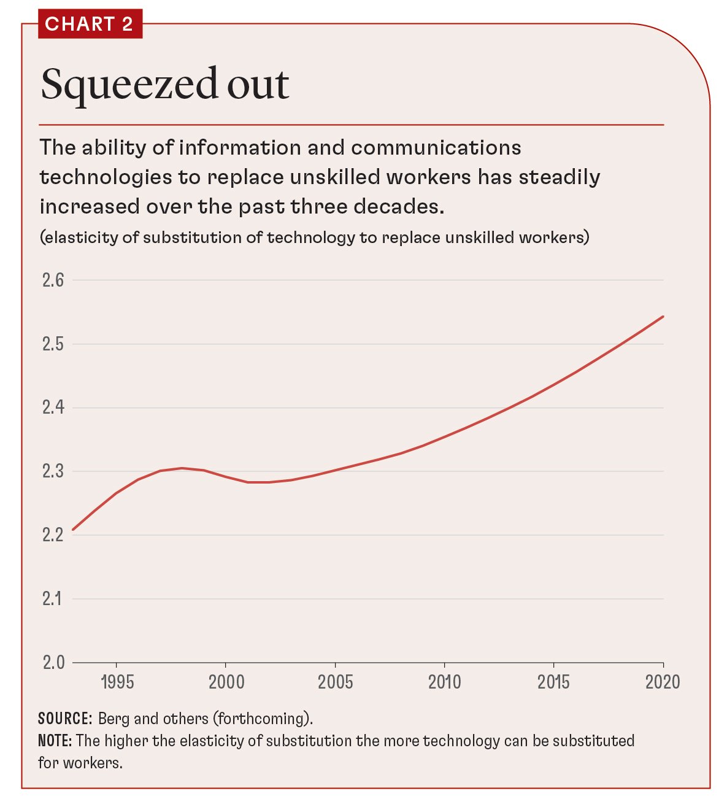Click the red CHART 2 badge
tap(90, 24)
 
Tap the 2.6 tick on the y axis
tap(53, 280)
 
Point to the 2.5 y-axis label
tap(53, 344)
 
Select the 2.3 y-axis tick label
tap(53, 471)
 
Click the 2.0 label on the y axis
tap(53, 662)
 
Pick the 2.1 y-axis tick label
tap(53, 598)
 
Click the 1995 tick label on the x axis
tap(117, 682)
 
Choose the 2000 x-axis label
tap(226, 682)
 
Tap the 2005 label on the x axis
tap(335, 682)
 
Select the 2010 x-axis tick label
tap(444, 682)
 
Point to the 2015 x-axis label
tap(553, 682)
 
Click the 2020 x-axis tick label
tap(663, 682)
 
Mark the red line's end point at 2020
tap(663, 317)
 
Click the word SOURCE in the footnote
tap(64, 719)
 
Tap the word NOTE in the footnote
tap(55, 741)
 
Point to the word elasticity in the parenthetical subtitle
tap(80, 237)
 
